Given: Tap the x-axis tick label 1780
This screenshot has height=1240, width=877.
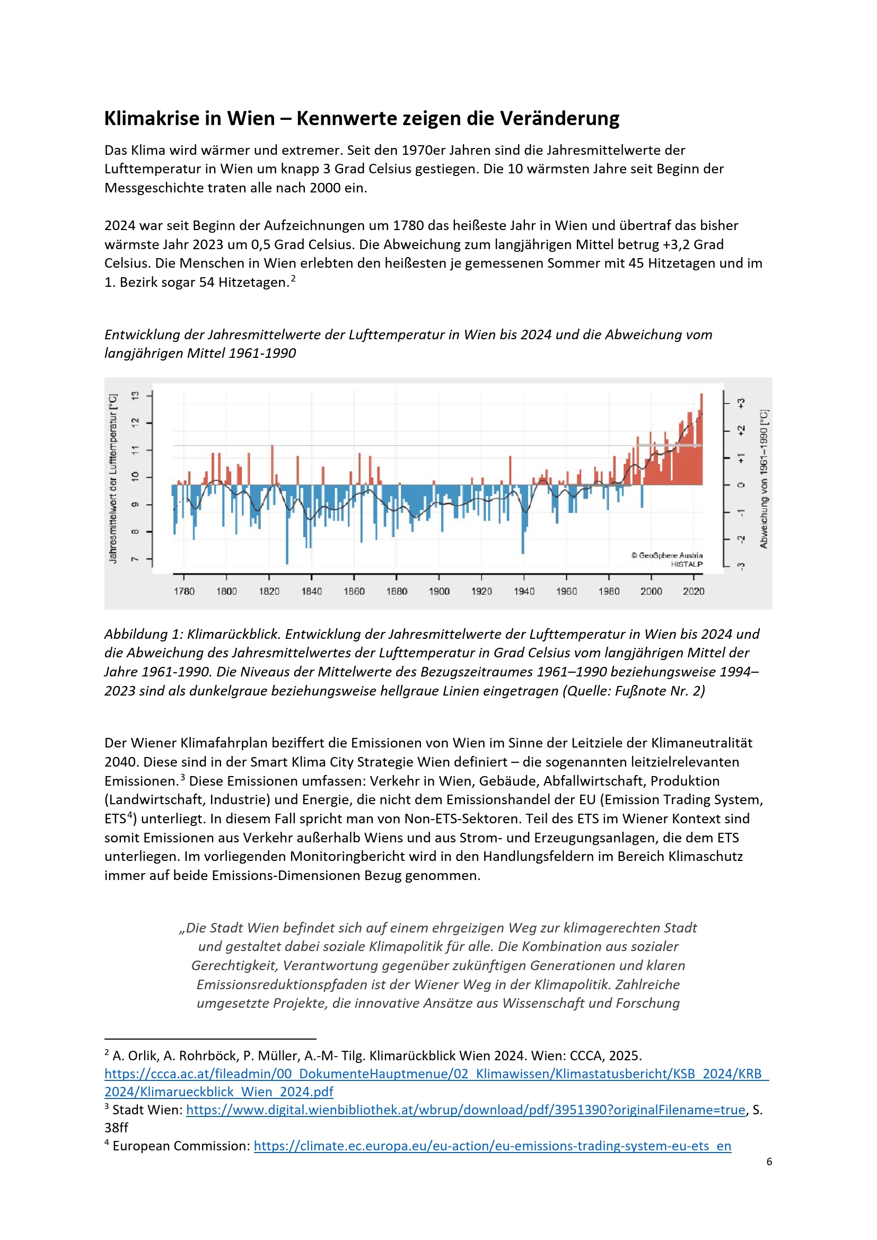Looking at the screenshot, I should [x=183, y=592].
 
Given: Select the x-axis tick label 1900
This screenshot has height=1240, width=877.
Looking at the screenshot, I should [x=439, y=592].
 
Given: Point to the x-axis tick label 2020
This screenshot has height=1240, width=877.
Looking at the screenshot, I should [x=694, y=592].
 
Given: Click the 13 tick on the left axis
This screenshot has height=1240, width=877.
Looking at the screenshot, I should [x=135, y=396].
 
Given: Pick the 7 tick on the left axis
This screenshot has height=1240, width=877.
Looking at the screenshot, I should [x=135, y=559].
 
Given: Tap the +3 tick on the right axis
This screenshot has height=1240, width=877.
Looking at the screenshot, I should [x=741, y=403].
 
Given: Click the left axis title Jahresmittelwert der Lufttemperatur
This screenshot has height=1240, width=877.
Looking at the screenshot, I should [x=113, y=479].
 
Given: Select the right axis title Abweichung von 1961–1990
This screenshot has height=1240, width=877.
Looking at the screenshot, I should [x=764, y=479].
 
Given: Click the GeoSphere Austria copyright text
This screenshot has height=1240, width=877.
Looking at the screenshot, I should [x=667, y=555].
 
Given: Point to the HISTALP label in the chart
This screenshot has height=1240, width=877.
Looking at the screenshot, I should [x=686, y=565].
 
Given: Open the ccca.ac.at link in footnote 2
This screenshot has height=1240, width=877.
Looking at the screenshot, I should [x=436, y=1074].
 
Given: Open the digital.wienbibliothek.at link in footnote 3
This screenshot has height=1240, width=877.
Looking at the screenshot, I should [x=466, y=1110].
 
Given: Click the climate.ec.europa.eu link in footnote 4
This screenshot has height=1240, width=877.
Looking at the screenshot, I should [x=492, y=1146].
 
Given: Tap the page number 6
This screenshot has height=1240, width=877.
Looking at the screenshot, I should [x=769, y=1162].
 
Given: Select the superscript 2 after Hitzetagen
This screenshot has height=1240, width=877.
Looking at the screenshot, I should [x=293, y=279].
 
